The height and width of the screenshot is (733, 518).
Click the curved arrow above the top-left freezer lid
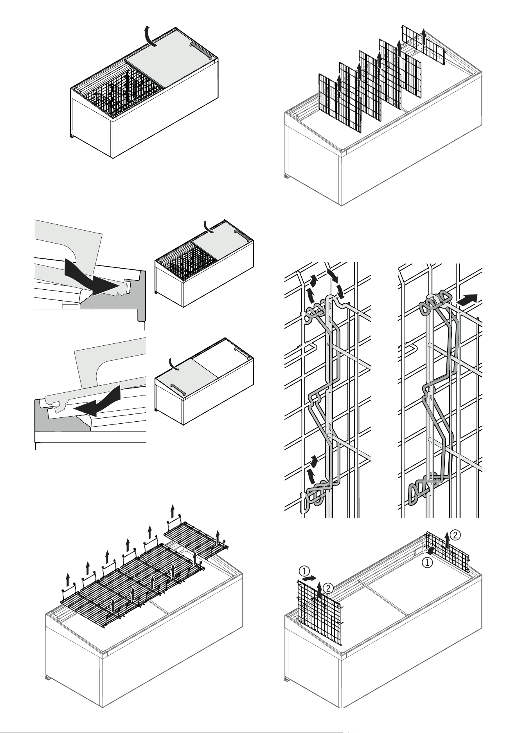(149, 36)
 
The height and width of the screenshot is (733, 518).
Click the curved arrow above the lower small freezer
(172, 363)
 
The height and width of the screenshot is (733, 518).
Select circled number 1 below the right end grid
(427, 563)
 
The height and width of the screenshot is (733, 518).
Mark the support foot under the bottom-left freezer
(48, 677)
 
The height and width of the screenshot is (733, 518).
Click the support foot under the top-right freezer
(288, 177)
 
